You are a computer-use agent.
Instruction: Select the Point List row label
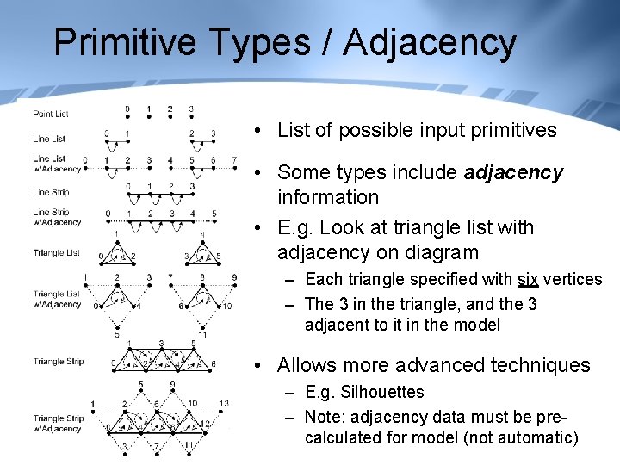[50, 114]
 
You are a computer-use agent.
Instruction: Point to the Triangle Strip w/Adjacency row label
[57, 424]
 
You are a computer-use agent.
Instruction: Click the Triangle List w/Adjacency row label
[57, 299]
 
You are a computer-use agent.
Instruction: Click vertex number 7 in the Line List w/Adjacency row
[234, 160]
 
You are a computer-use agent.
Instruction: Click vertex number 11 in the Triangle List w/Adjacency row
[202, 334]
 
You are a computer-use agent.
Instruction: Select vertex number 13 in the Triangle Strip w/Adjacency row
[224, 403]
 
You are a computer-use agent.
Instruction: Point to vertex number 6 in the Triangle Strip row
[214, 364]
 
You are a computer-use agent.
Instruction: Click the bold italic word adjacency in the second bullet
[513, 172]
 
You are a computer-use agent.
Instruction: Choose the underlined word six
[528, 279]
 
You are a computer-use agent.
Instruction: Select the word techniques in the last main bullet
[541, 365]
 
